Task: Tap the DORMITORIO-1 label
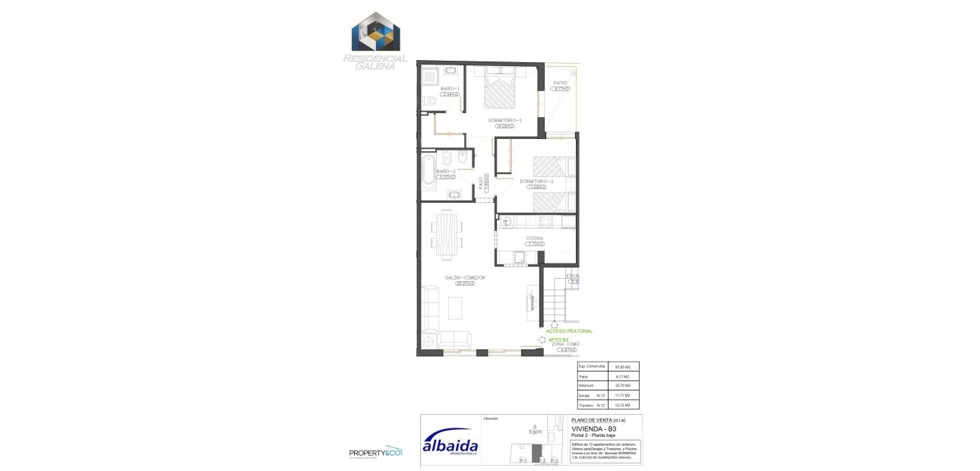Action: coord(504,121)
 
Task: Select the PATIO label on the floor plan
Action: coord(560,83)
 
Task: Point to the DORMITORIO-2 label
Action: coord(536,182)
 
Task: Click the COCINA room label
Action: coord(535,239)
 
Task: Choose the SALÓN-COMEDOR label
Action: coord(465,278)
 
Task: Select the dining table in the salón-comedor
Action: coord(445,232)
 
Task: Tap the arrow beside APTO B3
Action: coord(541,340)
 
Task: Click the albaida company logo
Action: coord(450,442)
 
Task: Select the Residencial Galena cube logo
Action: coord(375,33)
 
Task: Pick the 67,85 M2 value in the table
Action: coord(623,367)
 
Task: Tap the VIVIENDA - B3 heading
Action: coord(594,428)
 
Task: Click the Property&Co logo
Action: coord(375,453)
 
